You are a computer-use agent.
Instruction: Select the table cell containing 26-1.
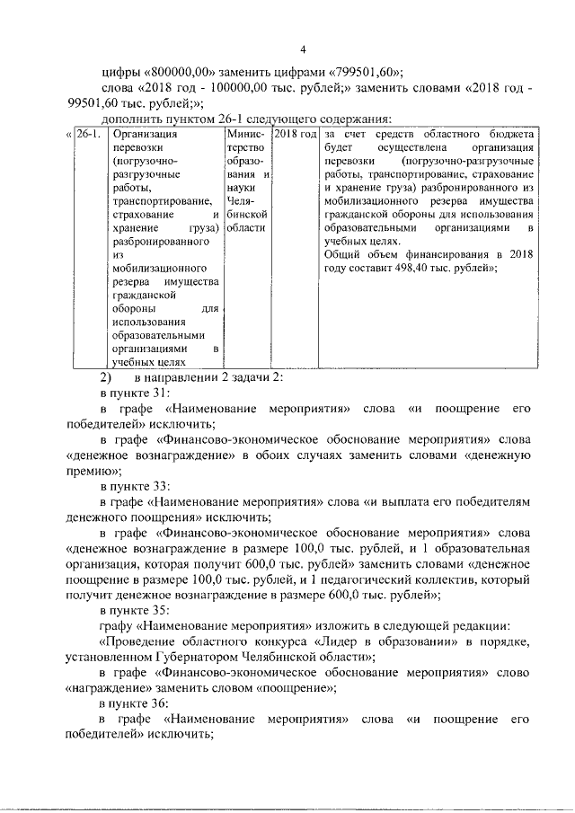[87, 135]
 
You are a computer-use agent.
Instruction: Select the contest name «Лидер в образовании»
[380, 641]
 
